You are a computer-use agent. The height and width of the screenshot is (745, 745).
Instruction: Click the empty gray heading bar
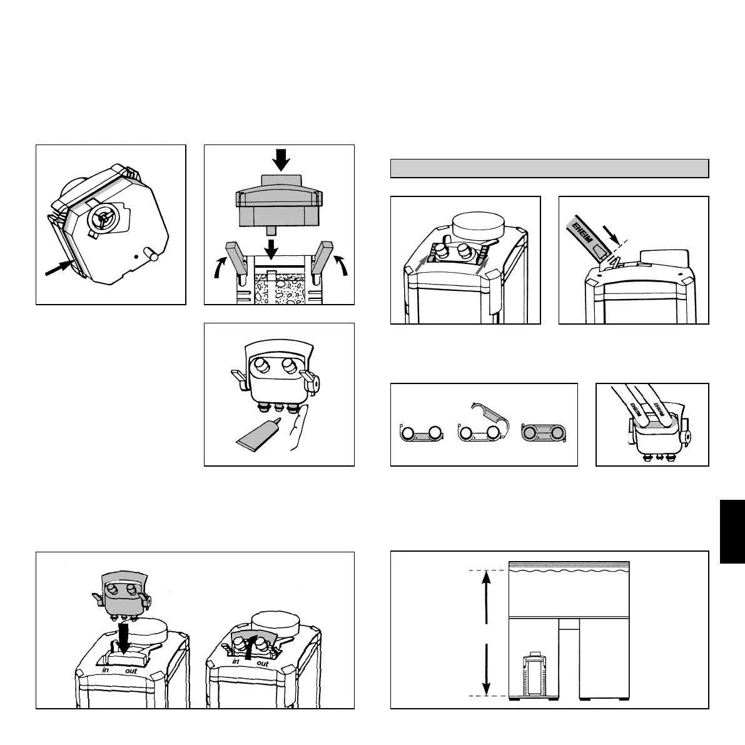tap(549, 168)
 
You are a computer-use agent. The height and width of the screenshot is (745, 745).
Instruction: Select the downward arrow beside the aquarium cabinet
tap(487, 668)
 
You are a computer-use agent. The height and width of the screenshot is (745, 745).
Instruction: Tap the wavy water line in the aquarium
tap(568, 569)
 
